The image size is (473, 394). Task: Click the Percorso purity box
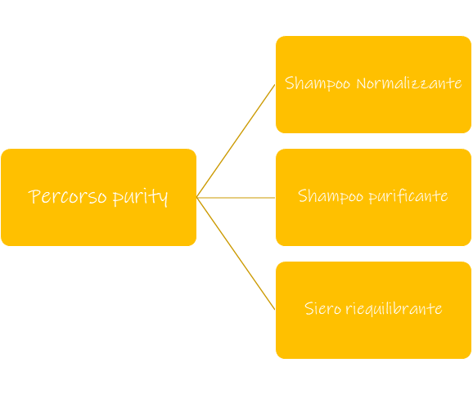(x=99, y=197)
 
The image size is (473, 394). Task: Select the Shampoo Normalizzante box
(x=373, y=85)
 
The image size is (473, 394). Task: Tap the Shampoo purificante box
(x=373, y=197)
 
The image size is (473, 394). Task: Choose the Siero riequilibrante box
(x=373, y=310)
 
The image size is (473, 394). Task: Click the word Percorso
(x=68, y=196)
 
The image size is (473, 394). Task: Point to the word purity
(x=141, y=198)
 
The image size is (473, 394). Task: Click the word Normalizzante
(x=409, y=83)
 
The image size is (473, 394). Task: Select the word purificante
(x=408, y=196)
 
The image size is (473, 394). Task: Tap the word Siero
(x=322, y=308)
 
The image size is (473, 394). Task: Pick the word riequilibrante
(x=394, y=309)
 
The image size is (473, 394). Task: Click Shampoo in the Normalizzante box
(x=318, y=83)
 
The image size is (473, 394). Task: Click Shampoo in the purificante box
(x=331, y=196)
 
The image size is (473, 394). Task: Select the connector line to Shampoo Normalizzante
(x=236, y=141)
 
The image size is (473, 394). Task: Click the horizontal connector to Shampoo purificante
(x=236, y=198)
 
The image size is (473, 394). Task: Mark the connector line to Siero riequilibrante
(x=236, y=254)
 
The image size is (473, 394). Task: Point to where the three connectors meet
(x=196, y=198)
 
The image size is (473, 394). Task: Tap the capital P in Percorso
(x=35, y=196)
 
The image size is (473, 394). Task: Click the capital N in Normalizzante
(x=362, y=83)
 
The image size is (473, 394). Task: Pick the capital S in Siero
(x=309, y=308)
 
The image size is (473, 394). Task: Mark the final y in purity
(x=164, y=199)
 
